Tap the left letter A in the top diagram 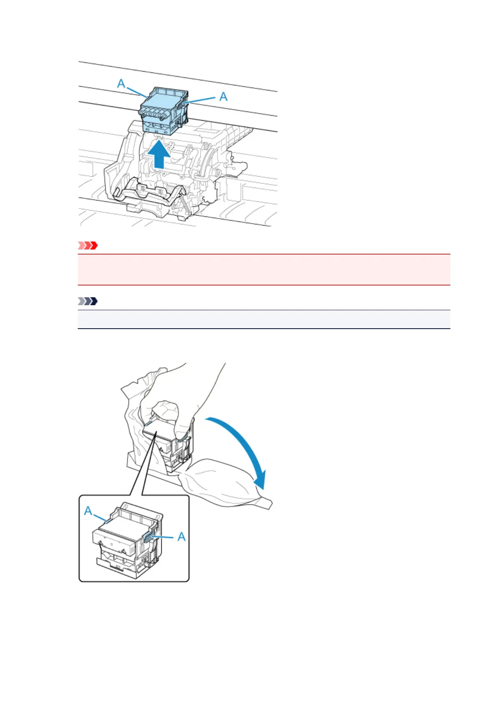121,84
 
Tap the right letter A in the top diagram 224,97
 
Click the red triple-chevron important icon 88,246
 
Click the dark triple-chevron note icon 88,301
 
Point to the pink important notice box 264,270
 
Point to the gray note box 264,319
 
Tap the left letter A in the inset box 88,511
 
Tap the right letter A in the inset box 181,537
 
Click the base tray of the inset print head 122,567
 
